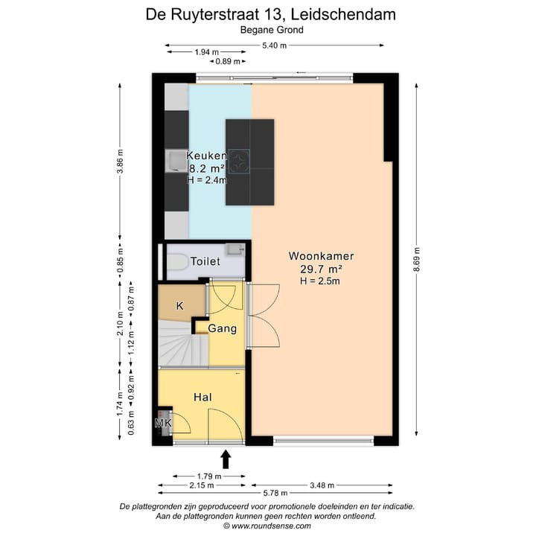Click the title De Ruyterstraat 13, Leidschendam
pos(270,14)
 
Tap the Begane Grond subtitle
pos(271,31)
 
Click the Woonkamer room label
pos(321,255)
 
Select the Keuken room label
pos(206,156)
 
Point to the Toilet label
pos(205,262)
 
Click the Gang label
pos(222,328)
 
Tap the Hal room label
pos(202,398)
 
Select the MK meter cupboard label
pos(163,424)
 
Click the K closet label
pos(179,306)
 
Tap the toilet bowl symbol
pos(177,263)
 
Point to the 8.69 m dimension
pos(416,261)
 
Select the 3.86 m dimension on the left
pos(120,161)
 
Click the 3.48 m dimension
pos(321,485)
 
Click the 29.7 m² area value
pos(321,269)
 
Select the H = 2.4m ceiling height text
pos(207,179)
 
